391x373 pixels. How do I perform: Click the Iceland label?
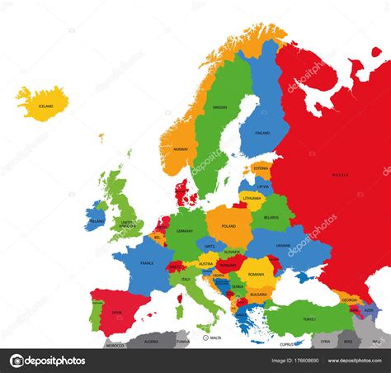(x=45, y=106)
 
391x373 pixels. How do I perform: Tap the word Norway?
(x=181, y=149)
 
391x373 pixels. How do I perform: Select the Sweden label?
(x=219, y=107)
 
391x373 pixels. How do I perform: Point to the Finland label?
(x=262, y=132)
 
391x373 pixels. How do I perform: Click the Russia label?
(x=340, y=175)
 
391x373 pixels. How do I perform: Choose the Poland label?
(x=228, y=226)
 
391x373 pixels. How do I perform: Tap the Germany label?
(x=184, y=231)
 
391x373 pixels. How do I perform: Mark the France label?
(x=147, y=263)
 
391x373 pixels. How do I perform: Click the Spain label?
(x=117, y=312)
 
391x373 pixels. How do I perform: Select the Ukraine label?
(x=283, y=245)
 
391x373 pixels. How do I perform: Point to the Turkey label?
(x=309, y=319)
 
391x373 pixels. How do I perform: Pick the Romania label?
(x=257, y=273)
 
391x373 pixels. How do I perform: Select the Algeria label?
(x=151, y=341)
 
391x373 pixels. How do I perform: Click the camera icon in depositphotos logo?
(x=17, y=361)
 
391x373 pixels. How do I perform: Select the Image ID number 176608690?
(x=294, y=361)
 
